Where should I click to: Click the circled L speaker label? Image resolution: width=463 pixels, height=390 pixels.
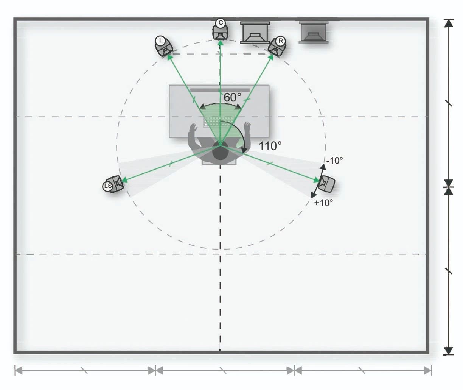point(160,41)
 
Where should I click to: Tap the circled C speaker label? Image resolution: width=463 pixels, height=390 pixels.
point(221,23)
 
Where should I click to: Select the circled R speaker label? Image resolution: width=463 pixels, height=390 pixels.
point(281,41)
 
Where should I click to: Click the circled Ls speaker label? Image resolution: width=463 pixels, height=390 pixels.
point(107,186)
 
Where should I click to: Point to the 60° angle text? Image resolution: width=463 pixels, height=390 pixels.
point(232,97)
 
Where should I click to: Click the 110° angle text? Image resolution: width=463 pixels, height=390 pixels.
point(270,146)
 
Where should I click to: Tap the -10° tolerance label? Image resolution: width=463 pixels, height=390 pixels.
point(335,161)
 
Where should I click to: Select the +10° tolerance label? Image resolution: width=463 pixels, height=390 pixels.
point(323,203)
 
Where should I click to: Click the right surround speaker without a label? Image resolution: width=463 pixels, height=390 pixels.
point(326,184)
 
